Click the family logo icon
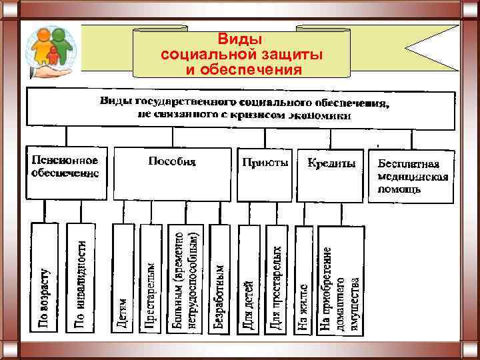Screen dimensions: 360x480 coord(52,50)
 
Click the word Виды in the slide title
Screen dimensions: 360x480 coord(241,39)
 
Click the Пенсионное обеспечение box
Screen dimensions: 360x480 coord(66,172)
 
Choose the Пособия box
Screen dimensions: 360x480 coord(172,172)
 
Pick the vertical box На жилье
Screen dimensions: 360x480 coord(304,280)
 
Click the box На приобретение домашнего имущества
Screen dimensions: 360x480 coord(341,280)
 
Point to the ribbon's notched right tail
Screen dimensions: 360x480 coord(427,48)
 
